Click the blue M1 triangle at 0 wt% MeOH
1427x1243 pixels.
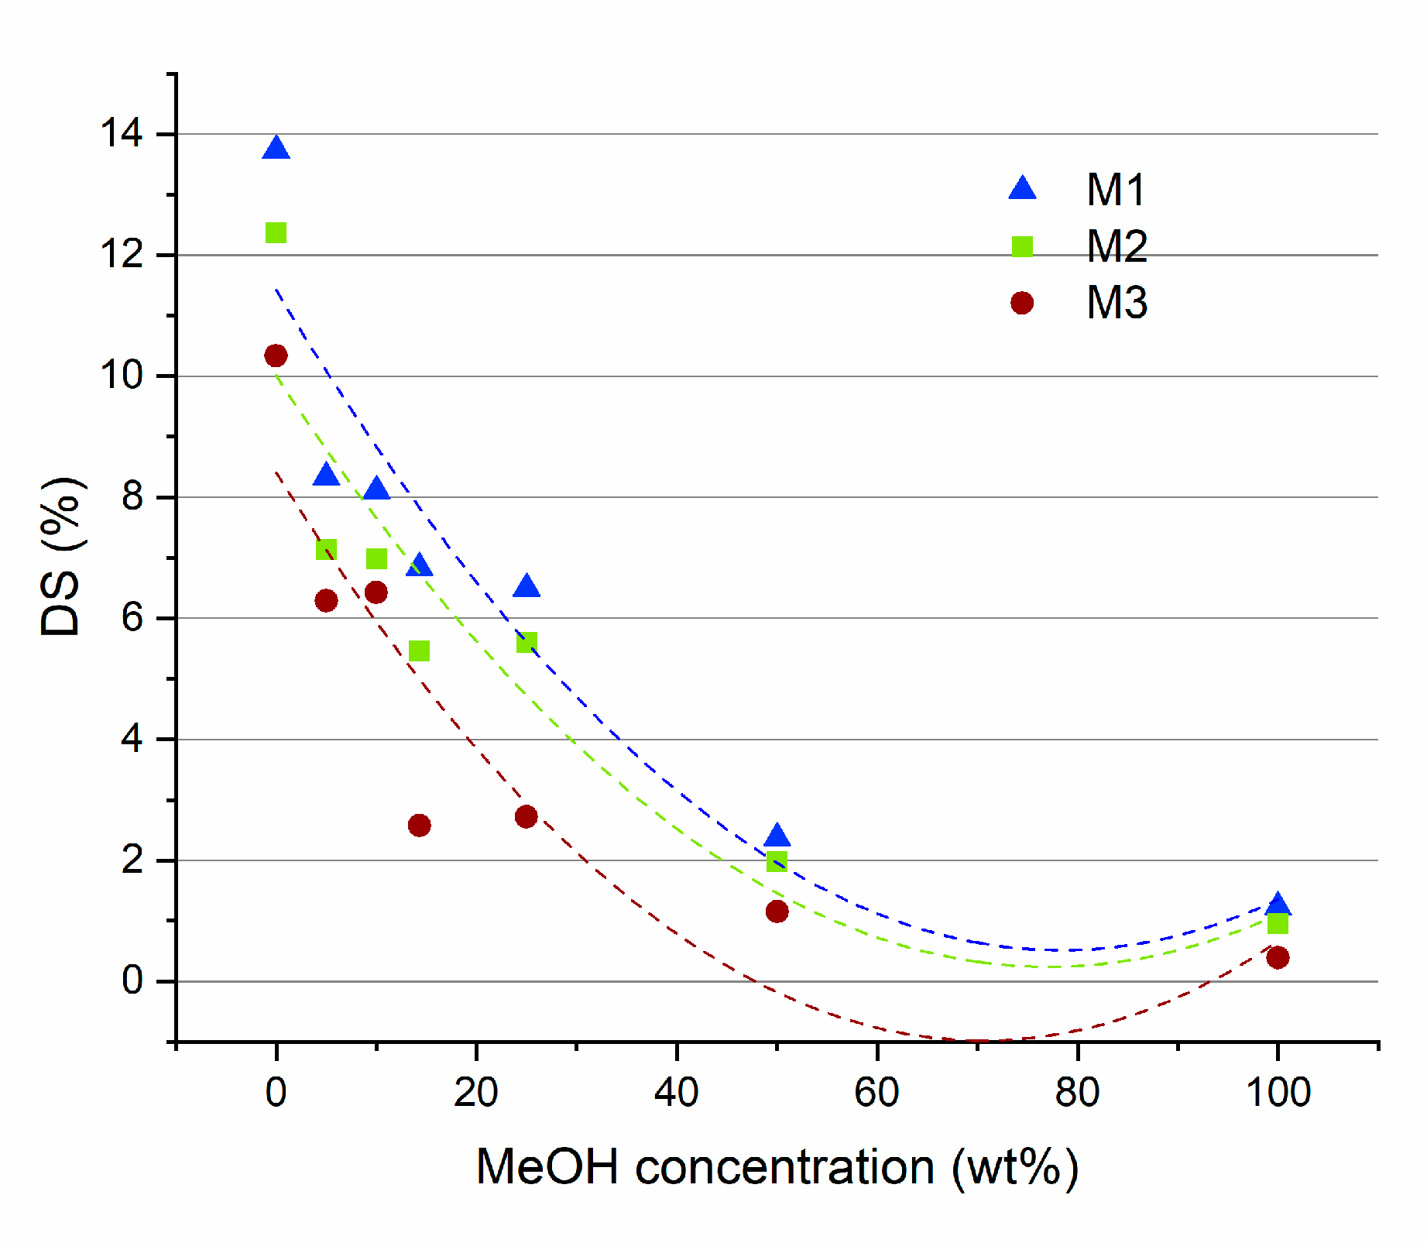276,149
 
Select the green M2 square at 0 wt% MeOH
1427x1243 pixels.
276,232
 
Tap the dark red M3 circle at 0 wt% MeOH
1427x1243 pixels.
276,355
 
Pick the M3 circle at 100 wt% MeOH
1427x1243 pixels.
1278,957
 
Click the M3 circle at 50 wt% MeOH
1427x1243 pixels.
777,912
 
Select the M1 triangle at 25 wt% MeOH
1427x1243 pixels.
527,587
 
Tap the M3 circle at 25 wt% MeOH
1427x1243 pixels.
527,816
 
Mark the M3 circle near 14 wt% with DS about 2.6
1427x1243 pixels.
419,825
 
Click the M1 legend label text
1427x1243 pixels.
1115,190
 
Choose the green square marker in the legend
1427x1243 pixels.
1022,246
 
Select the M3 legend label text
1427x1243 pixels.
1116,303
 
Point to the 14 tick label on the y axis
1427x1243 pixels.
122,134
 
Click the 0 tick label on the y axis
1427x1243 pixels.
132,981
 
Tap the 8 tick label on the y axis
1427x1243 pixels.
132,496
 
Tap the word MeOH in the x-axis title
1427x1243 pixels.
547,1166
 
